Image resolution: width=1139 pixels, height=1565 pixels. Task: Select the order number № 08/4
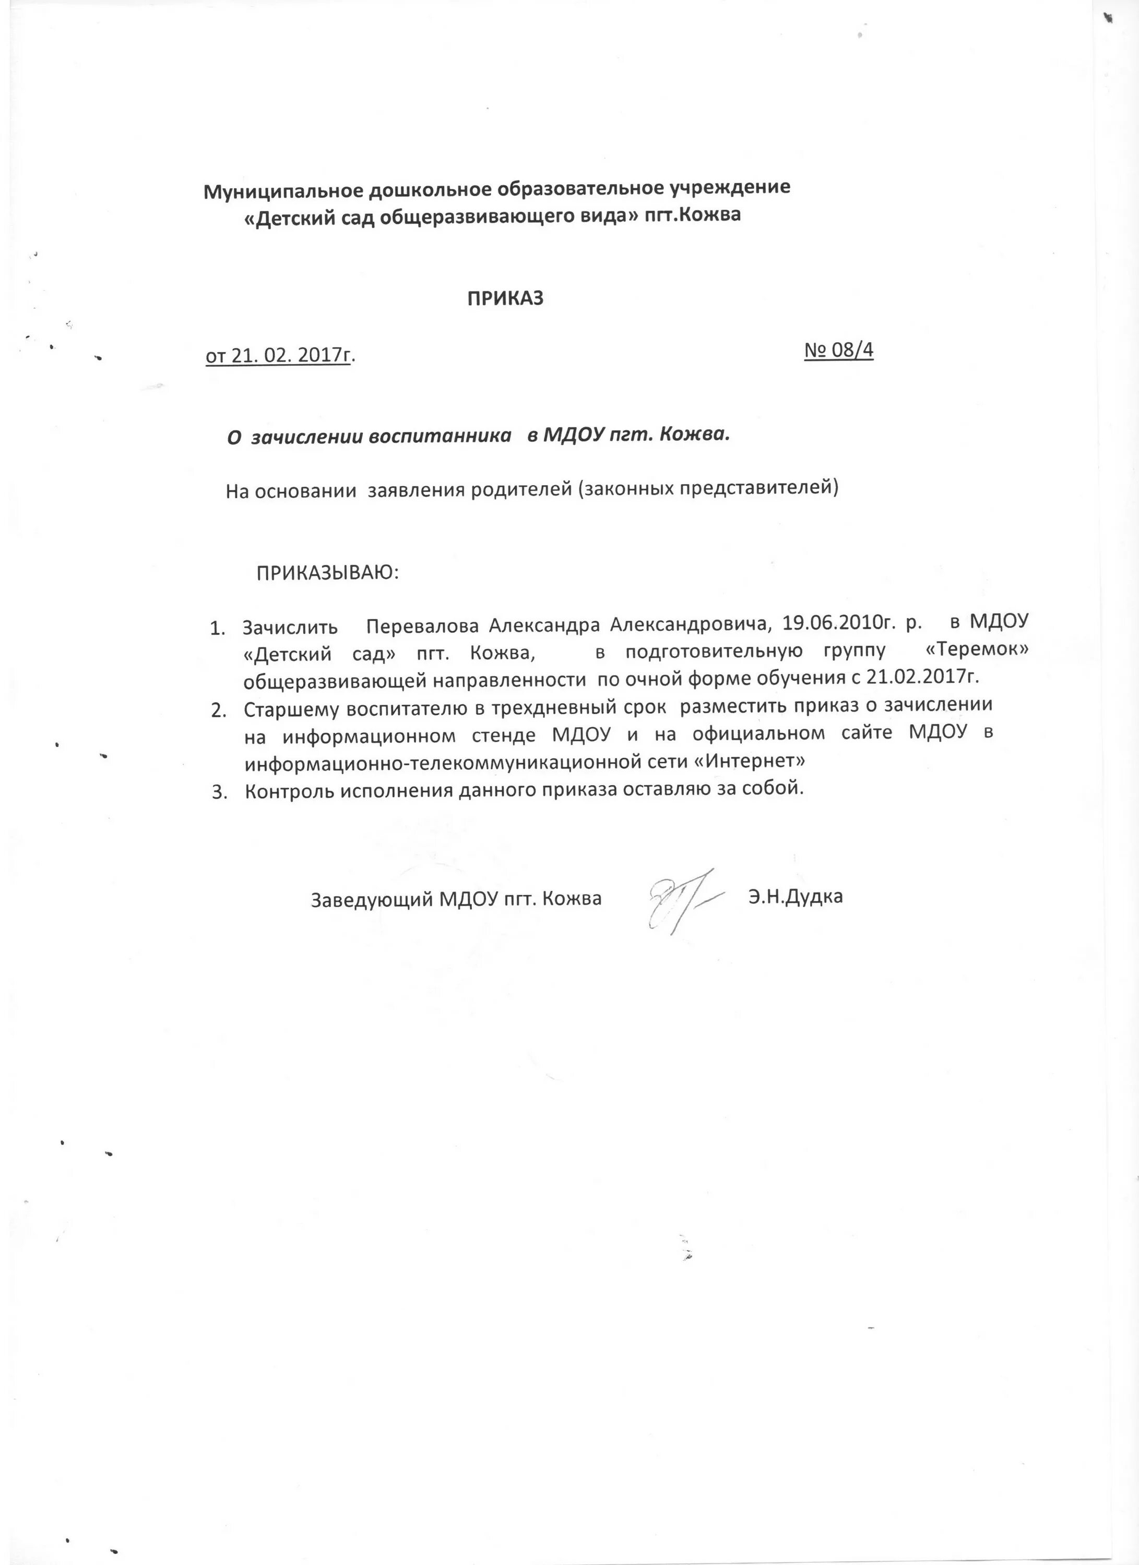[839, 351]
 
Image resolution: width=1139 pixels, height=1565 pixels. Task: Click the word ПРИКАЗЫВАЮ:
[328, 573]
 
